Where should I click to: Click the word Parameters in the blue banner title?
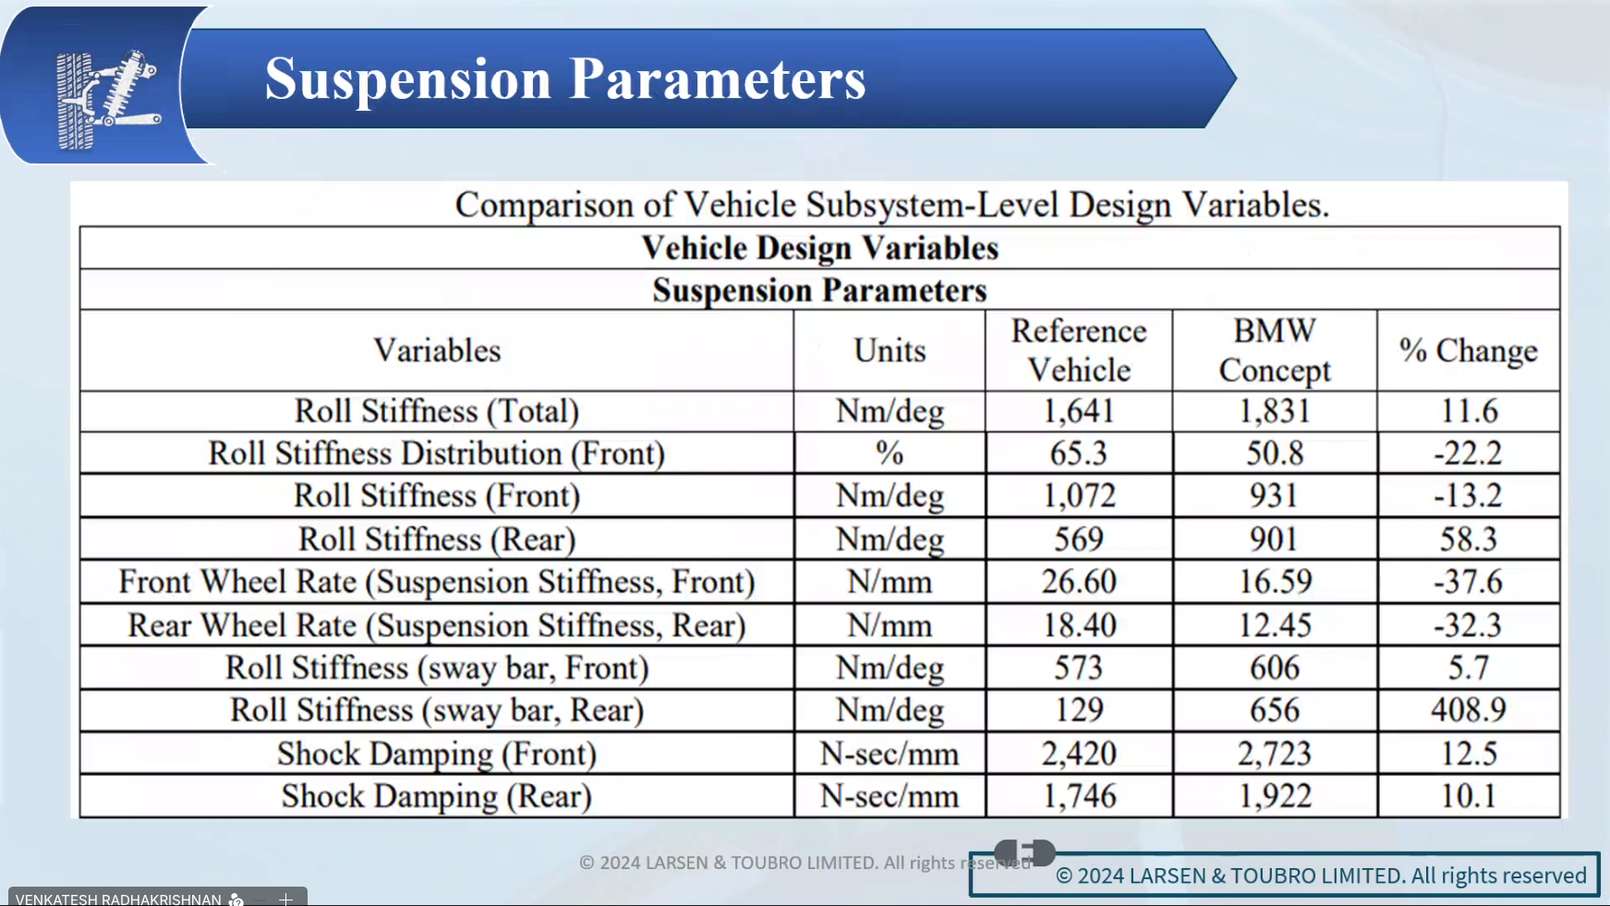click(x=718, y=79)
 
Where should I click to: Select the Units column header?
click(x=890, y=350)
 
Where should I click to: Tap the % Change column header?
click(x=1468, y=350)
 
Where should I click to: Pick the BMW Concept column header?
click(x=1275, y=350)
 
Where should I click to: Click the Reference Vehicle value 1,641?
click(x=1079, y=411)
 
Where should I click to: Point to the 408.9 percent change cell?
click(x=1468, y=710)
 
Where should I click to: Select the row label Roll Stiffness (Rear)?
click(x=437, y=539)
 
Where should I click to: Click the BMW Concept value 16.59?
click(x=1275, y=582)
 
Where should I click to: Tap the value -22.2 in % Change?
click(x=1468, y=453)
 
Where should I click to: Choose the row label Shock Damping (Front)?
click(x=437, y=755)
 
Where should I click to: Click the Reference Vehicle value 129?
click(x=1079, y=710)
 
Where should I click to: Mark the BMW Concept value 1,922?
click(x=1275, y=796)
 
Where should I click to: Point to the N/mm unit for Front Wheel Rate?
click(x=890, y=582)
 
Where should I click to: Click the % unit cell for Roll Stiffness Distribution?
click(x=890, y=453)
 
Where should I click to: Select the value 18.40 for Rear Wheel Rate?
click(x=1079, y=625)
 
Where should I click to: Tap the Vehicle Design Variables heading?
click(x=820, y=248)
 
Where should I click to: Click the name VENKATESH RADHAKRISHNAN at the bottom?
click(x=118, y=899)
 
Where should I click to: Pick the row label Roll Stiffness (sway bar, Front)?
click(x=437, y=668)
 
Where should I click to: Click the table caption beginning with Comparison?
click(x=892, y=204)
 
